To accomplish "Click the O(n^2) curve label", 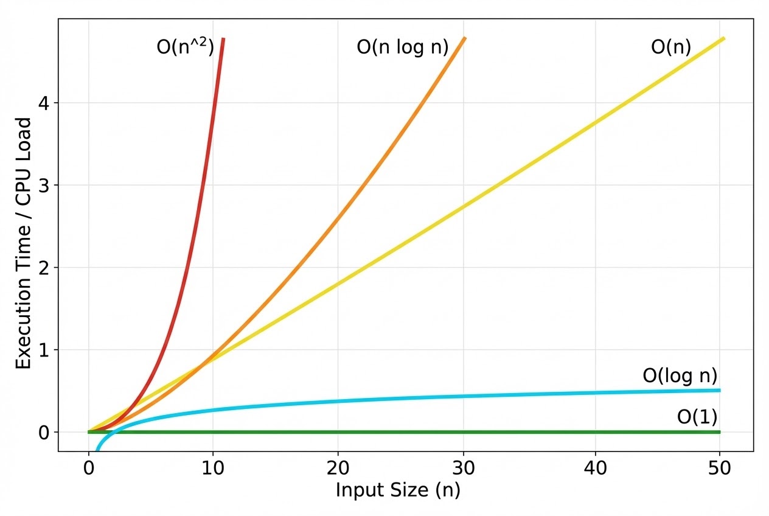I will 186,47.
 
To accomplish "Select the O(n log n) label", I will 402,47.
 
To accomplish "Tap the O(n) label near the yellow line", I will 671,47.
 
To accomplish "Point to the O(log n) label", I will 680,376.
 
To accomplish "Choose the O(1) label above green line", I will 697,417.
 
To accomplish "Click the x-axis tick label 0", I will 89,469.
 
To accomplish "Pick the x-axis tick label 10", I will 213,469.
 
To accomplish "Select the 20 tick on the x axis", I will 338,469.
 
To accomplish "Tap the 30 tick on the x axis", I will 464,469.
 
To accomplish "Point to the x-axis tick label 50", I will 720,469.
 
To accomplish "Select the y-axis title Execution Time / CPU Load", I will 23,243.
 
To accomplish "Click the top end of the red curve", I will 223,40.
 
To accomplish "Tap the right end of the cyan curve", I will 719,390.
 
